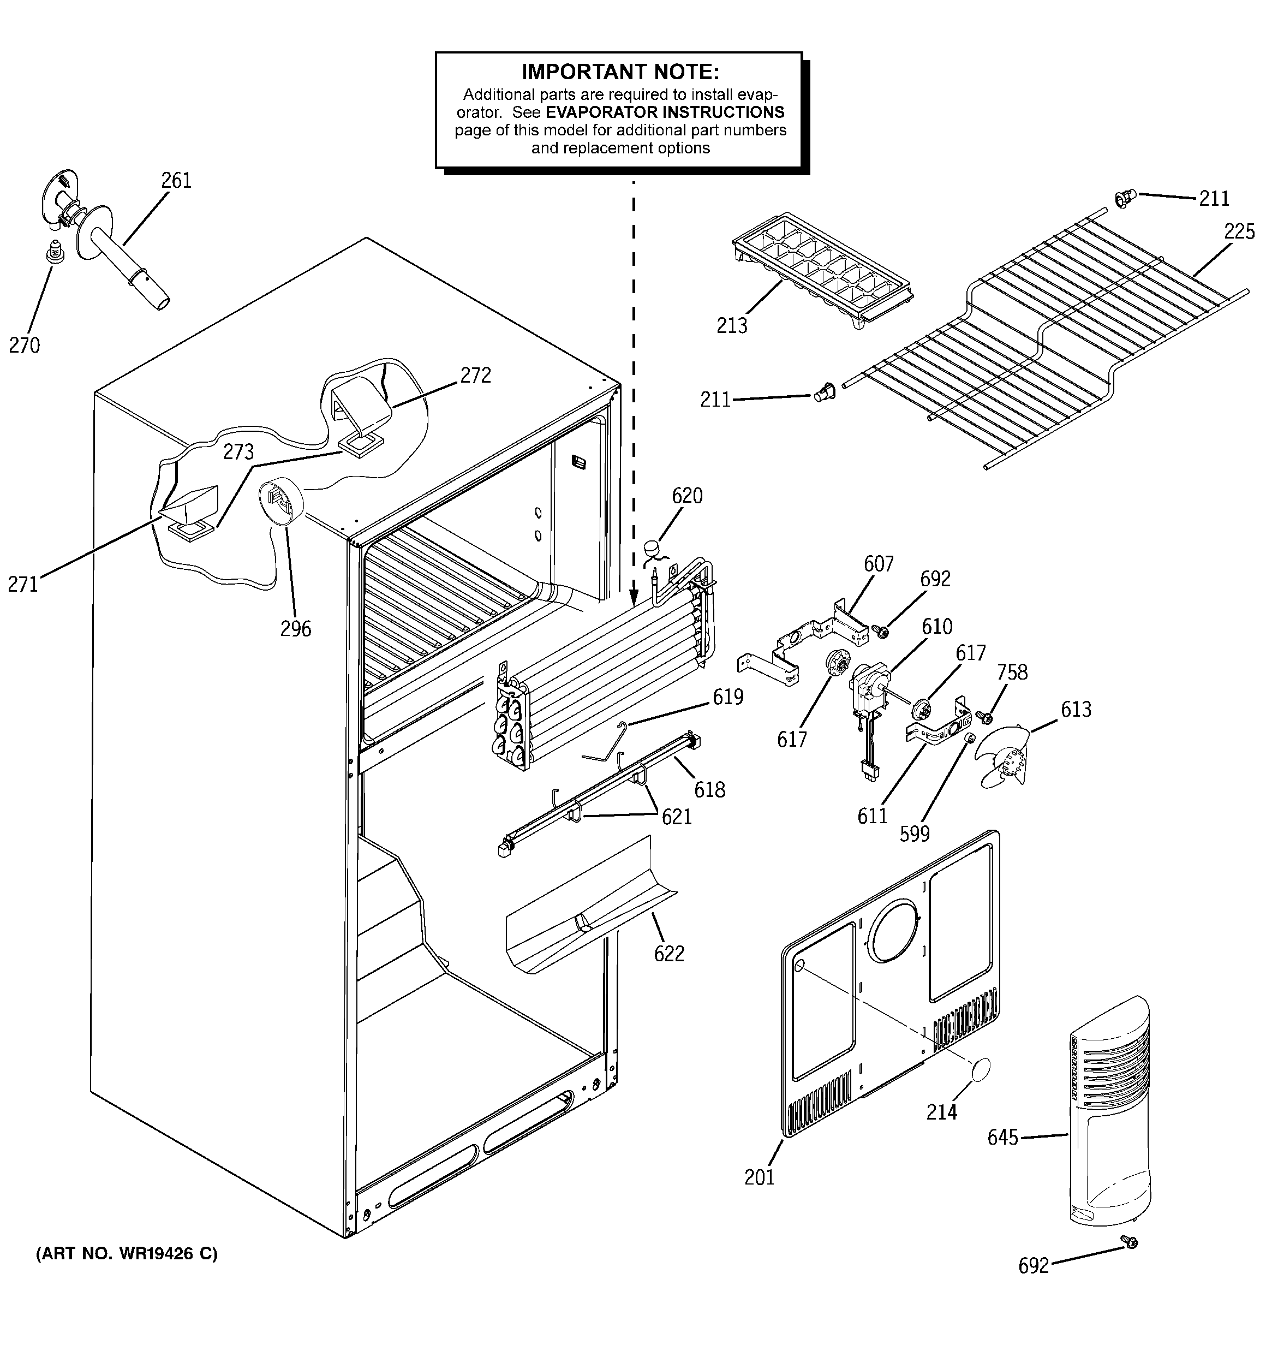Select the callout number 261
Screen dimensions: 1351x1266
pos(176,181)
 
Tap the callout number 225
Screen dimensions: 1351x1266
pos(1239,232)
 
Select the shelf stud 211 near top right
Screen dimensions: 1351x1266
pos(1122,199)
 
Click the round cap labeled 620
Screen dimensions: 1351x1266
pos(653,546)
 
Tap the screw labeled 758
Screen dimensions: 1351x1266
pos(983,716)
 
